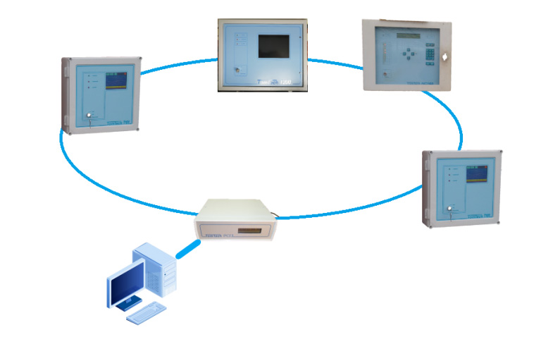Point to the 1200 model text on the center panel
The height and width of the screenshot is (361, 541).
click(x=286, y=82)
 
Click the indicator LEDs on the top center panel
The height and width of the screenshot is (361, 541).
click(x=238, y=39)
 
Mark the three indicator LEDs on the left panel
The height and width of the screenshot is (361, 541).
click(x=88, y=81)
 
